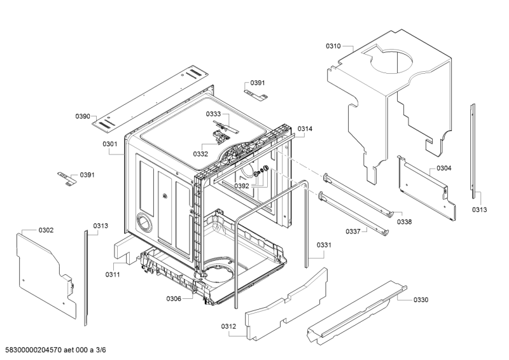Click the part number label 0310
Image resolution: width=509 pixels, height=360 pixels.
333,46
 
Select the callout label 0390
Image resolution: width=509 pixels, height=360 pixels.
83,116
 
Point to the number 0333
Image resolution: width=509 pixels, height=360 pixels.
213,114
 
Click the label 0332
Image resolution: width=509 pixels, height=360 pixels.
201,154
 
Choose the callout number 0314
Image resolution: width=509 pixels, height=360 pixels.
305,129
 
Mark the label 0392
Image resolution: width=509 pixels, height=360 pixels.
241,186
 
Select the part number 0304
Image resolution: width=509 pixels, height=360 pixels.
443,169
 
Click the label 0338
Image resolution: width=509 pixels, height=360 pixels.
404,222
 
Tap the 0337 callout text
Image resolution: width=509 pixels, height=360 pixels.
354,231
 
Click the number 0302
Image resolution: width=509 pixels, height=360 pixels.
46,230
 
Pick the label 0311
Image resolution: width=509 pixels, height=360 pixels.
113,274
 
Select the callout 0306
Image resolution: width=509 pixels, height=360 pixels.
174,299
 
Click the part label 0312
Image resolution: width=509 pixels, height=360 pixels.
229,327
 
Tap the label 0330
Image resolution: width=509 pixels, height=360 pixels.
421,300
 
